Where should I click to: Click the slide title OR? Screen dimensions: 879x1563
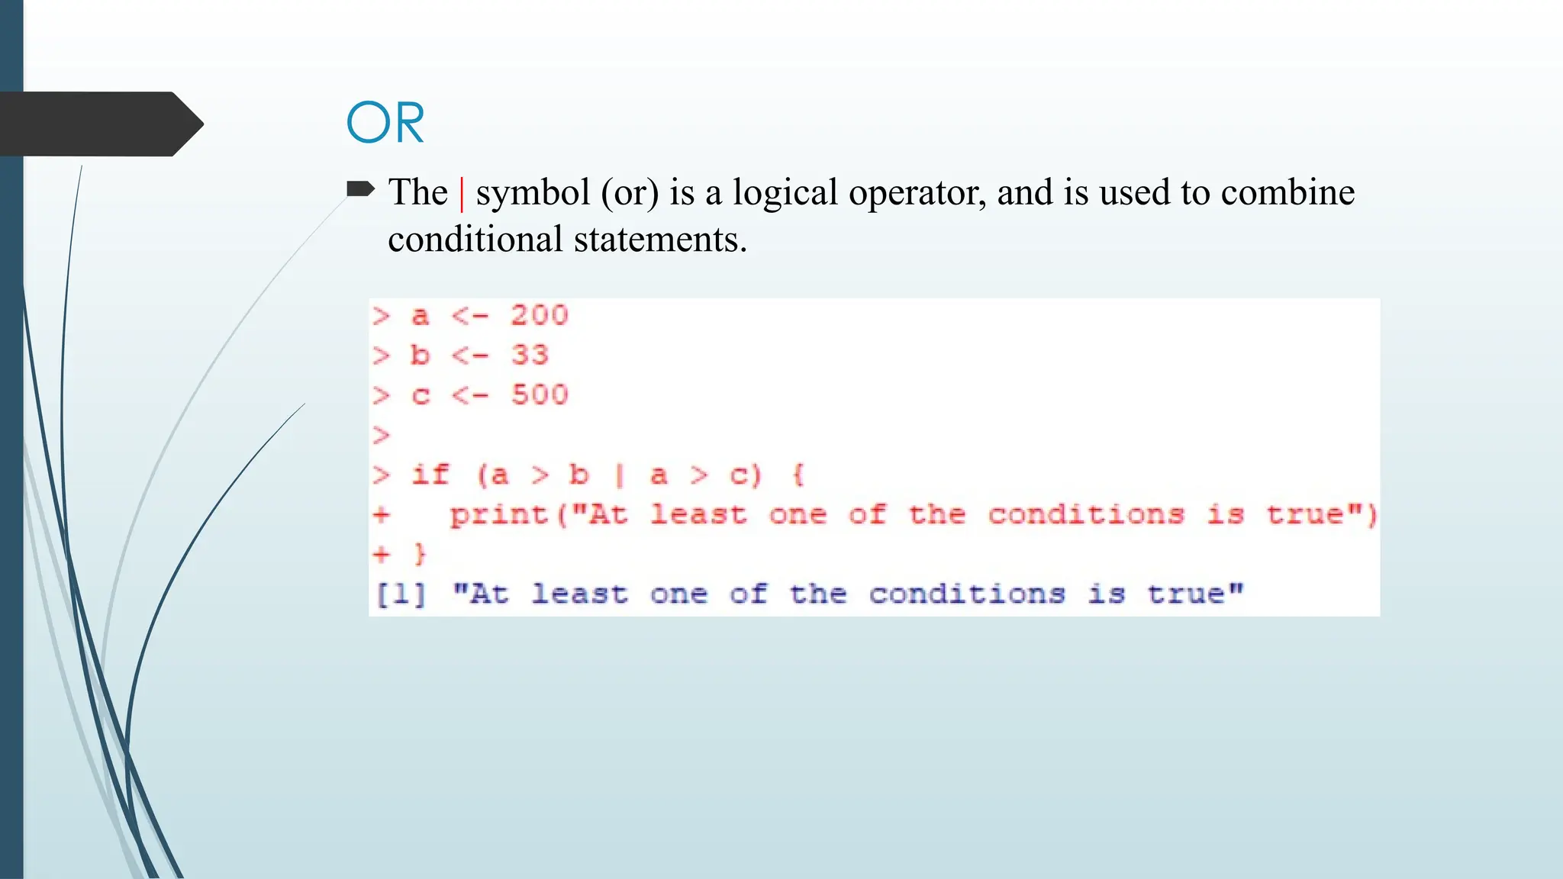click(x=385, y=123)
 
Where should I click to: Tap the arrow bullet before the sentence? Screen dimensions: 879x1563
click(x=360, y=188)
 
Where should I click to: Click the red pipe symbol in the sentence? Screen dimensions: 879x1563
click(x=462, y=193)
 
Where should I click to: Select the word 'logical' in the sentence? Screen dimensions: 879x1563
click(x=785, y=193)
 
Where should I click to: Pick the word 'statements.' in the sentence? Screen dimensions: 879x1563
click(x=660, y=240)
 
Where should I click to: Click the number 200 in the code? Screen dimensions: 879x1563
click(x=540, y=315)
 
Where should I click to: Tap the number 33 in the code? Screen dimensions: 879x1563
click(x=530, y=355)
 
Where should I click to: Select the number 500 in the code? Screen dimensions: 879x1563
click(x=540, y=394)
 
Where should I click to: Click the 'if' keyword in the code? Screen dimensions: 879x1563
click(x=430, y=475)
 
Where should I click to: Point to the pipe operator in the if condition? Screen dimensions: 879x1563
click(x=620, y=475)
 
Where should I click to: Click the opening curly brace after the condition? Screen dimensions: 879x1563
click(x=798, y=475)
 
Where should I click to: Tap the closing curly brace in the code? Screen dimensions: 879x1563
click(x=420, y=554)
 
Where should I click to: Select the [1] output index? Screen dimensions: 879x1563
click(x=400, y=594)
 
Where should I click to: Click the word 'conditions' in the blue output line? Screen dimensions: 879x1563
click(x=966, y=594)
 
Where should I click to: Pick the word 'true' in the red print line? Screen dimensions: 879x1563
click(x=1304, y=514)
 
